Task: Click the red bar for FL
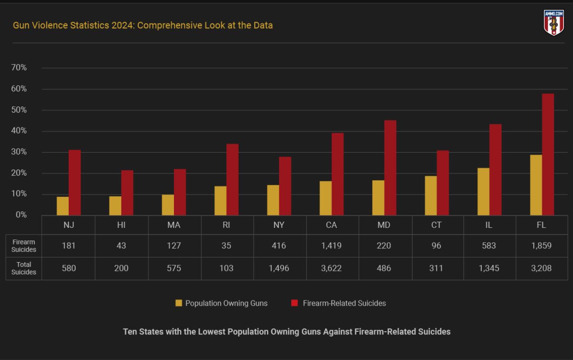pyautogui.click(x=548, y=154)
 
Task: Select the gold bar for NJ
pyautogui.click(x=63, y=206)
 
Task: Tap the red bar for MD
pyautogui.click(x=390, y=168)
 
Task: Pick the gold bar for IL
pyautogui.click(x=483, y=192)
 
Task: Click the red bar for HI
pyautogui.click(x=127, y=193)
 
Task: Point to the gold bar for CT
pyautogui.click(x=430, y=196)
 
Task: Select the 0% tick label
pyautogui.click(x=21, y=215)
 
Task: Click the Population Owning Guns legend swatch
pyautogui.click(x=179, y=303)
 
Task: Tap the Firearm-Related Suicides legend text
pyautogui.click(x=344, y=303)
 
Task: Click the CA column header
pyautogui.click(x=332, y=225)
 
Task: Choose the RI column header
pyautogui.click(x=227, y=225)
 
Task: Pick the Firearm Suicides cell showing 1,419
pyautogui.click(x=332, y=246)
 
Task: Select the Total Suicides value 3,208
pyautogui.click(x=541, y=268)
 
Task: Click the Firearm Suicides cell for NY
pyautogui.click(x=279, y=246)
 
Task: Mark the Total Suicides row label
pyautogui.click(x=23, y=268)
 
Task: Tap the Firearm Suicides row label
pyautogui.click(x=23, y=246)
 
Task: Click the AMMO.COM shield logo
pyautogui.click(x=553, y=23)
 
